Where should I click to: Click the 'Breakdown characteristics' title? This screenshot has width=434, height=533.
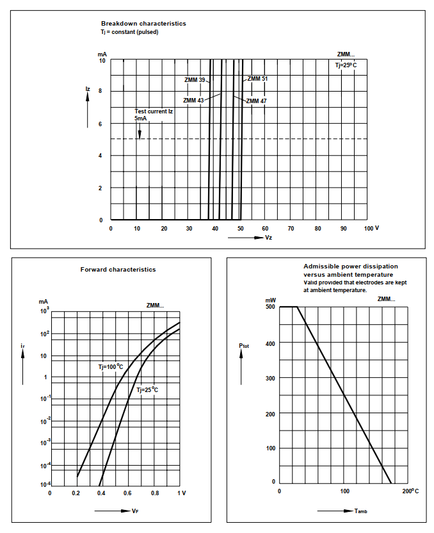(x=143, y=24)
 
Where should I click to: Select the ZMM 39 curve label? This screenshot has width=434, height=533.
(x=195, y=80)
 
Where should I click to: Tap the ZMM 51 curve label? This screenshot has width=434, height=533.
(x=257, y=79)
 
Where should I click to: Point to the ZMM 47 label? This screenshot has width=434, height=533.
(x=256, y=101)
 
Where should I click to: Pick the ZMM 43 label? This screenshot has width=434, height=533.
(x=193, y=101)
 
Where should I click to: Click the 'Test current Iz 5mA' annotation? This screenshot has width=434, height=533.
(x=154, y=115)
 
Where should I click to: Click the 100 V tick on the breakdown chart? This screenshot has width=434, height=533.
(x=371, y=228)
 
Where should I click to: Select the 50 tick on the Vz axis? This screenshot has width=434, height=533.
(x=240, y=228)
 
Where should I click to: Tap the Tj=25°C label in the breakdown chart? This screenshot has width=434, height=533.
(x=346, y=65)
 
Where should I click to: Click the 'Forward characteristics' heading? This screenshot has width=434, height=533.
(x=118, y=270)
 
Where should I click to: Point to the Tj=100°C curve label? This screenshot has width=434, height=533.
(x=111, y=366)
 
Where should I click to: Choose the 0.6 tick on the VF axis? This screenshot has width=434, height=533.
(x=128, y=493)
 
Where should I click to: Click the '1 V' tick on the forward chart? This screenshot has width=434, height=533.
(x=181, y=493)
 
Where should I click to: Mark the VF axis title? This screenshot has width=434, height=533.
(x=135, y=511)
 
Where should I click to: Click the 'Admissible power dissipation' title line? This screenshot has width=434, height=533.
(x=350, y=266)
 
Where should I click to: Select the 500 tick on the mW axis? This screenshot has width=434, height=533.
(x=270, y=307)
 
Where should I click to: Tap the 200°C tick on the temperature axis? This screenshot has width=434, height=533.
(x=410, y=491)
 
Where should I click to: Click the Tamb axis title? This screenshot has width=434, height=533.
(x=360, y=511)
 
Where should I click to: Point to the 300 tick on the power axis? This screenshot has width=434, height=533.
(x=270, y=379)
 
